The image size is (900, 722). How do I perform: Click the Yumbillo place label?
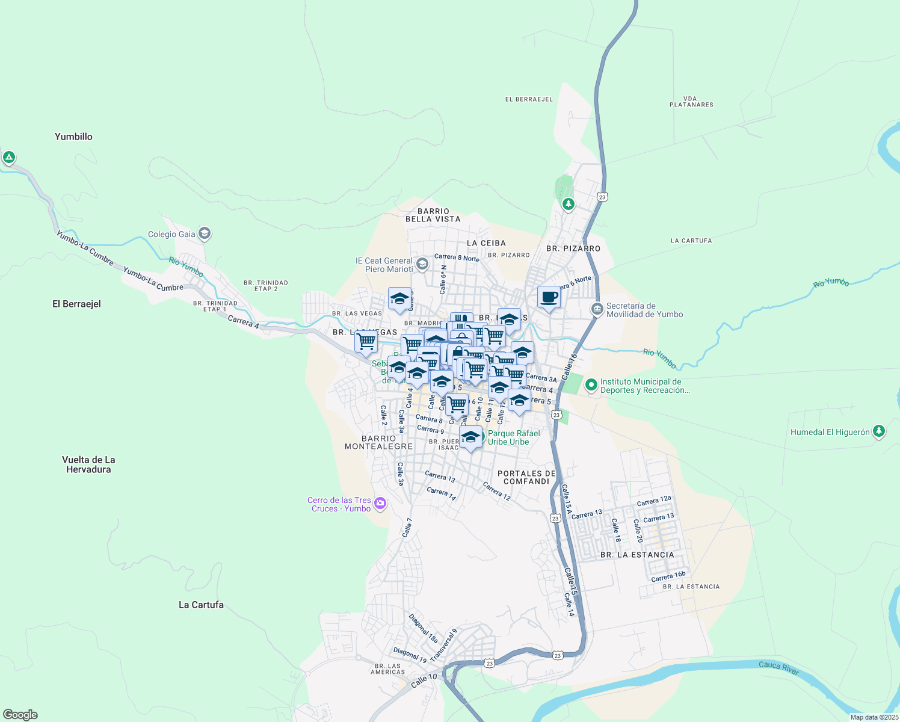click(x=73, y=137)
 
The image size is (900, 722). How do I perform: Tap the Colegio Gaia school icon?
click(x=205, y=233)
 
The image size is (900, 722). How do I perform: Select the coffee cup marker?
click(x=549, y=297)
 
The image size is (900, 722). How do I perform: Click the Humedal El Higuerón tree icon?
click(x=879, y=431)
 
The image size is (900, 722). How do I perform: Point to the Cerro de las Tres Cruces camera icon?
click(x=380, y=504)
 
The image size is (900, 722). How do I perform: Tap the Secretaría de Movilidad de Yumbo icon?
click(x=597, y=309)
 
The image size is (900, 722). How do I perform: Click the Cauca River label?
click(x=778, y=668)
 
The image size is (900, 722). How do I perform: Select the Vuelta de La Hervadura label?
click(x=88, y=464)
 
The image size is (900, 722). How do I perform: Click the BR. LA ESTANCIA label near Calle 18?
click(x=637, y=555)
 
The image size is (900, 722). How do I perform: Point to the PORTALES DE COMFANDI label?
click(x=526, y=477)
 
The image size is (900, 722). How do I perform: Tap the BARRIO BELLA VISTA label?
click(x=433, y=215)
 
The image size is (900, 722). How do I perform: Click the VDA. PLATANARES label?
click(x=691, y=101)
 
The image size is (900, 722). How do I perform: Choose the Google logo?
click(x=20, y=715)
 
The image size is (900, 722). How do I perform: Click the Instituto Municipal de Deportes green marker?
click(x=591, y=384)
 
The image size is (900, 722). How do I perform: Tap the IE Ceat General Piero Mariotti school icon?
click(x=422, y=264)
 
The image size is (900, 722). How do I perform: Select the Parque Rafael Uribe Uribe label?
click(x=513, y=437)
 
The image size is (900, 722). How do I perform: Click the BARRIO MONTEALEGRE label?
click(x=378, y=442)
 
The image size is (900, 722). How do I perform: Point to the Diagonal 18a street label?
click(x=424, y=628)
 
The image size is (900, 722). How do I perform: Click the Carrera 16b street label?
click(x=668, y=576)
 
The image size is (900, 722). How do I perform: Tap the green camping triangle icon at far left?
click(x=8, y=158)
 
